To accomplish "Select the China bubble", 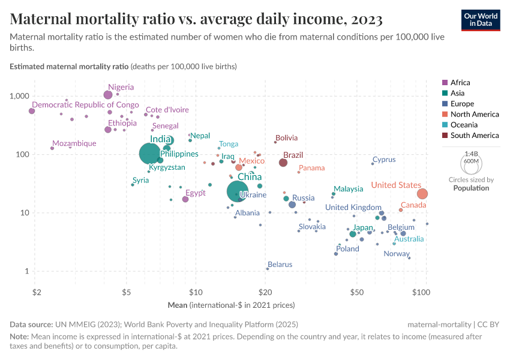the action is click(x=238, y=191).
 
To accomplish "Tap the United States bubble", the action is click(x=422, y=194).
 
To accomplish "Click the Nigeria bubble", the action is click(x=108, y=95).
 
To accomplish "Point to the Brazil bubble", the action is click(x=283, y=163).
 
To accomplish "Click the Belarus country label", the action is click(x=280, y=264).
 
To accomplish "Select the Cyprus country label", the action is click(x=384, y=160).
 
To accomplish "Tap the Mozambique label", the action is click(x=74, y=143).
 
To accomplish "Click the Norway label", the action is click(x=396, y=254).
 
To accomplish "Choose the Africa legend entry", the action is click(x=460, y=83).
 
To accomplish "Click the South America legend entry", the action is click(x=474, y=136).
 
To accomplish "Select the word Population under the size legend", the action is click(x=471, y=188).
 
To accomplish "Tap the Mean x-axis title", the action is click(x=177, y=305).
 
